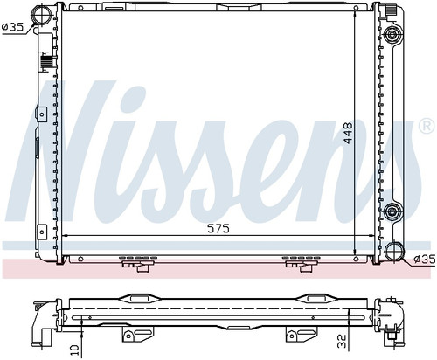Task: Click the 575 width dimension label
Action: (x=218, y=228)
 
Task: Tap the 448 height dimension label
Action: (x=348, y=133)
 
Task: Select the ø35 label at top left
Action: (x=12, y=27)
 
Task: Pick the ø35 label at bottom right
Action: (x=425, y=259)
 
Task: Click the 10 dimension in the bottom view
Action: (x=75, y=350)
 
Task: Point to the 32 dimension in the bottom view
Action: (x=342, y=342)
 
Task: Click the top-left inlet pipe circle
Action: (x=41, y=12)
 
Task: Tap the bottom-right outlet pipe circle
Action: (x=394, y=251)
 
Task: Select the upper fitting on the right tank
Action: (x=392, y=35)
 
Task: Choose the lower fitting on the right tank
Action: (x=392, y=211)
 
